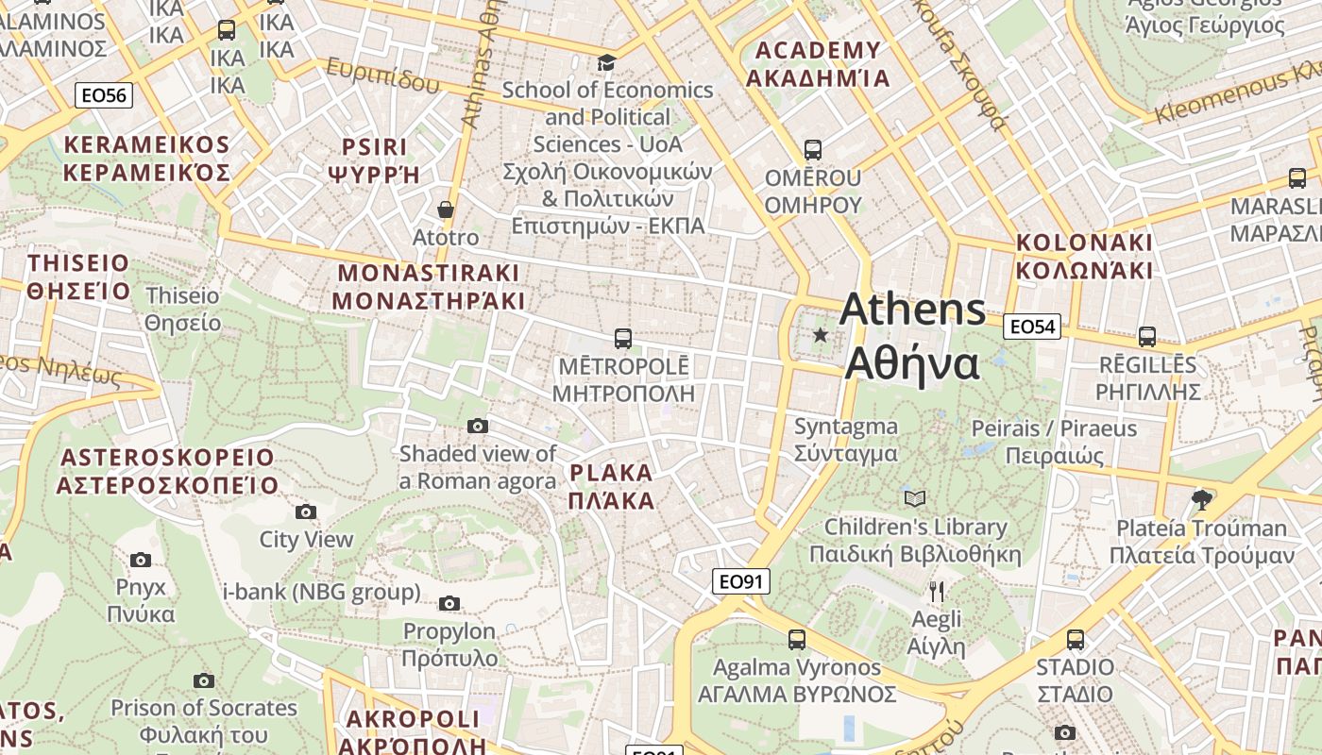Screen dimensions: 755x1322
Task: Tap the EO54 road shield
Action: coord(1031,327)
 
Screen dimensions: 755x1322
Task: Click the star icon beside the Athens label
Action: coord(821,335)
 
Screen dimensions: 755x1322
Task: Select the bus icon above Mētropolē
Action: coord(622,338)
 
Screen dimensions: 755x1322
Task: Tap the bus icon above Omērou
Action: coord(812,149)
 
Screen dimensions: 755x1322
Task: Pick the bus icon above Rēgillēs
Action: coord(1147,336)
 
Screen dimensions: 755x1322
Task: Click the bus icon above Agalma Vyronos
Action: coord(797,639)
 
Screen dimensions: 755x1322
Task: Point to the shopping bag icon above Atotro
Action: coord(445,209)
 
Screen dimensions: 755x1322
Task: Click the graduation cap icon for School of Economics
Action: coord(606,62)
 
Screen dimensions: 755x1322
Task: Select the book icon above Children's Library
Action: coord(914,498)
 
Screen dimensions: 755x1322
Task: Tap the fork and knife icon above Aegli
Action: coord(936,592)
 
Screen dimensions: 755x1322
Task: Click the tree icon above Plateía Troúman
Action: coord(1201,499)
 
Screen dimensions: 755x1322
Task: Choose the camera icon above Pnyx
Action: coord(141,560)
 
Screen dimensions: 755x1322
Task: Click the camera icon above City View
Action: coord(306,512)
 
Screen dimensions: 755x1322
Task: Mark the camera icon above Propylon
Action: coord(449,603)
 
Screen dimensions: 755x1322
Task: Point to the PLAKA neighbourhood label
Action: coord(611,486)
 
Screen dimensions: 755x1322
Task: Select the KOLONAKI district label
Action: coord(1084,256)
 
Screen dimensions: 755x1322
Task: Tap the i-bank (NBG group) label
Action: coord(321,593)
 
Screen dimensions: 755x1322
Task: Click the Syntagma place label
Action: coord(845,439)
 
